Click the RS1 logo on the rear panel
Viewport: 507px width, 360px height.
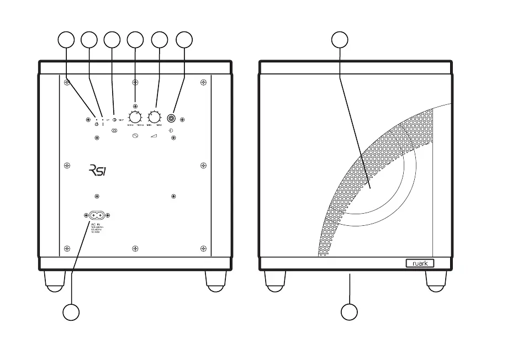tap(97, 170)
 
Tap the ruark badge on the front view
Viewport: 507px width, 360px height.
tap(420, 263)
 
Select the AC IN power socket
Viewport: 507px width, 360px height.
tap(97, 215)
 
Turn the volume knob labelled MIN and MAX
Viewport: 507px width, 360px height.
tap(155, 117)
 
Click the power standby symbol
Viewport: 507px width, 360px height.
tap(97, 125)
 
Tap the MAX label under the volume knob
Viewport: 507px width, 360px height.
tap(159, 126)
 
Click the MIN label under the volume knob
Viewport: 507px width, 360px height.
tap(149, 126)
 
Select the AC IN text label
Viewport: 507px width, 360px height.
tap(94, 225)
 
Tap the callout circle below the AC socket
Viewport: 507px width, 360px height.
tap(71, 312)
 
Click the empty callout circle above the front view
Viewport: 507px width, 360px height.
tap(340, 39)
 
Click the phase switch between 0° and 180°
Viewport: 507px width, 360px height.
tap(114, 119)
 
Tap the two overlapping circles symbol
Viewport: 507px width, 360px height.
tap(114, 131)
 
